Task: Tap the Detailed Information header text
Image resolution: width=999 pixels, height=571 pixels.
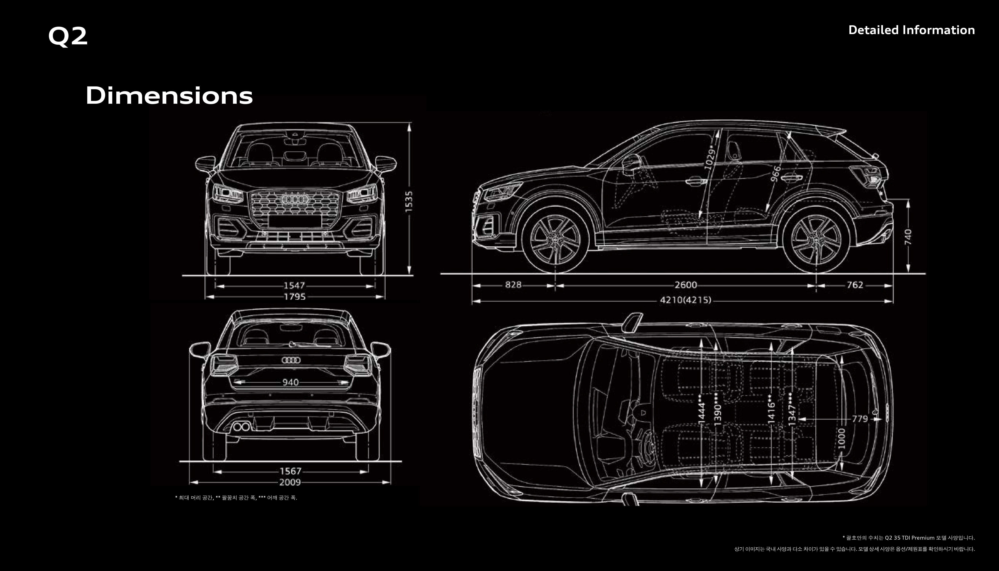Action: (911, 30)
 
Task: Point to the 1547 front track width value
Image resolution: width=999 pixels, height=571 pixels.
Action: (294, 285)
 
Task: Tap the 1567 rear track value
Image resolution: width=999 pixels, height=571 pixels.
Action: (290, 471)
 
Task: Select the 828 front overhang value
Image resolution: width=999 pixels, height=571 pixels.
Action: (513, 285)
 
